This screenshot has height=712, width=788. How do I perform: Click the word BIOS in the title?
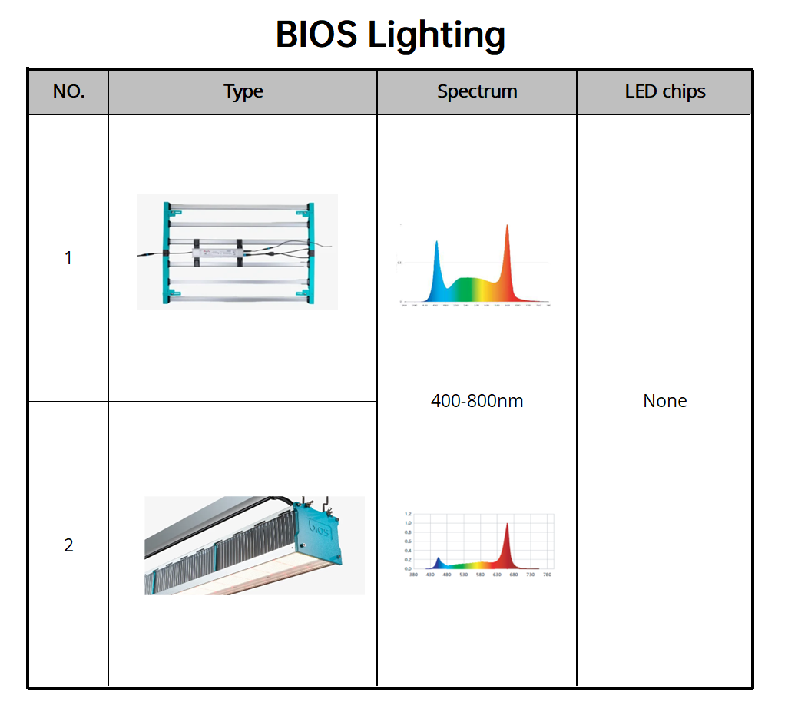[316, 35]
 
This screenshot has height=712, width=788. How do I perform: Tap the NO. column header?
[68, 92]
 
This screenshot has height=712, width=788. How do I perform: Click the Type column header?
[243, 92]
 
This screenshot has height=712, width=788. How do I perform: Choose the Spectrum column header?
[476, 92]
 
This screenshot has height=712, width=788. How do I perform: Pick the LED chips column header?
[664, 92]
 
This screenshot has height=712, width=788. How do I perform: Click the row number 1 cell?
[68, 258]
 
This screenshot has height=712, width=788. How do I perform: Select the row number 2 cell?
[68, 545]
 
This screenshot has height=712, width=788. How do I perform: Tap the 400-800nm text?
[476, 401]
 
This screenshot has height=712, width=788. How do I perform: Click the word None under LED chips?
[664, 401]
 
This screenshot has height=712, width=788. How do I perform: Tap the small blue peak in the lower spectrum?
[438, 560]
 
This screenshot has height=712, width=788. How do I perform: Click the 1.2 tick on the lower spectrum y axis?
[408, 513]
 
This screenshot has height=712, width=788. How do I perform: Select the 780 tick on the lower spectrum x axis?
[547, 575]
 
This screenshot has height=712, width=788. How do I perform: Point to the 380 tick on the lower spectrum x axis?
[413, 575]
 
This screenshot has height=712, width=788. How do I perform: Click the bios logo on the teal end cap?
[320, 529]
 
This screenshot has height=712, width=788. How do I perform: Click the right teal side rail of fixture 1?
[310, 252]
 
